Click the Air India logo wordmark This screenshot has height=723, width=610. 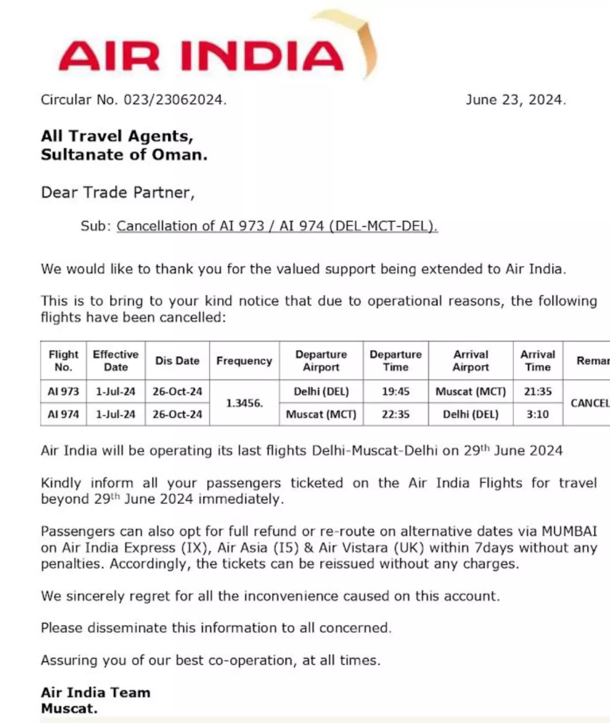[201, 55]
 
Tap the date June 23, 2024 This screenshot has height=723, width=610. [515, 100]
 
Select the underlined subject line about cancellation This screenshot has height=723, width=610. [277, 226]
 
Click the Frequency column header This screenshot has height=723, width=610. [244, 361]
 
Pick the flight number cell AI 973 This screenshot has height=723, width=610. [63, 391]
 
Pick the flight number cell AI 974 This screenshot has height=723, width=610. [63, 414]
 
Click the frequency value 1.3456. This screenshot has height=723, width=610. [244, 403]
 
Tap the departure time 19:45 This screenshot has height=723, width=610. [395, 391]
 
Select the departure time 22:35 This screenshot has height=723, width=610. [395, 414]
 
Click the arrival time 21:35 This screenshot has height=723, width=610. [538, 391]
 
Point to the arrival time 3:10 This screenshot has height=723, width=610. [538, 414]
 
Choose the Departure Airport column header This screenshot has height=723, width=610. [321, 361]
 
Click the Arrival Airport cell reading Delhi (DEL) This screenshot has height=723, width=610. [471, 414]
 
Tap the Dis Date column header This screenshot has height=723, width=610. [177, 361]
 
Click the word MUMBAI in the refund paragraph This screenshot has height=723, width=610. [569, 531]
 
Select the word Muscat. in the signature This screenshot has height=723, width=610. [69, 708]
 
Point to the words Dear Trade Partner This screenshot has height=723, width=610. [118, 193]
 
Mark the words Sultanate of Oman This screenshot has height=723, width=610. [124, 155]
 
